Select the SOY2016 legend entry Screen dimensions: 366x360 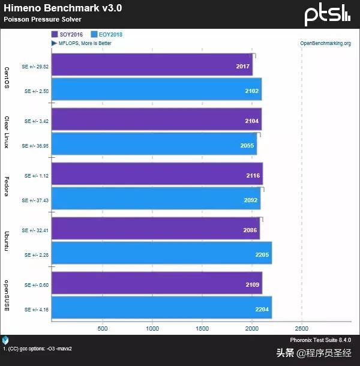tap(68, 35)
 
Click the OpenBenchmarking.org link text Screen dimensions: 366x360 tap(325, 43)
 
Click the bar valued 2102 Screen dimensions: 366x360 tap(156, 89)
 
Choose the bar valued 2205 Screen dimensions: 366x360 tap(161, 254)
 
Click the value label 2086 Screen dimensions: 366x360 tap(250, 230)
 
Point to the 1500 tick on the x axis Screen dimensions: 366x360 tap(202, 329)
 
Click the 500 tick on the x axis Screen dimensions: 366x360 tap(102, 329)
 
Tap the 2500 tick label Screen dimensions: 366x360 tap(301, 329)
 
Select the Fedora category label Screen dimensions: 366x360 tap(6, 187)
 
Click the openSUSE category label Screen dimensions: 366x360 tap(6, 296)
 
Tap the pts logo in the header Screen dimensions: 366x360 tap(326, 14)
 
